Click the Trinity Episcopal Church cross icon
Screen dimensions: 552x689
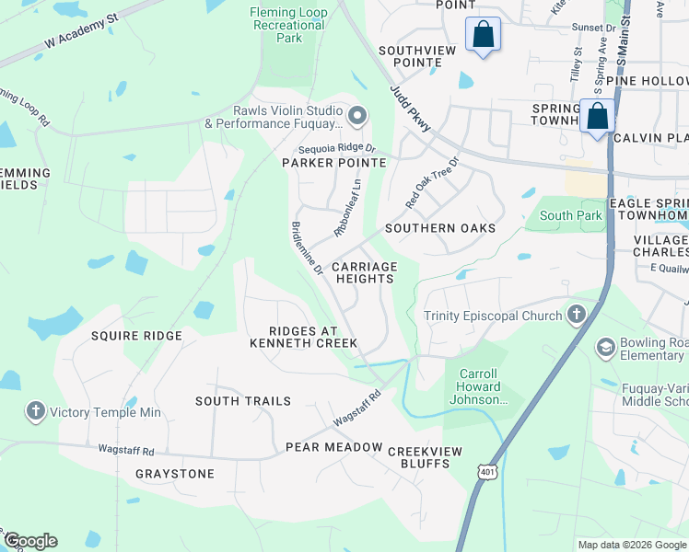tap(577, 316)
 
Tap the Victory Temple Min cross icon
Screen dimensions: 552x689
tap(36, 411)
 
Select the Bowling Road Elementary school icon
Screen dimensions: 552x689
tap(605, 347)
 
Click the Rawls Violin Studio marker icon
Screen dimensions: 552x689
tap(358, 116)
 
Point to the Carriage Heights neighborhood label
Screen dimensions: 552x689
tap(357, 272)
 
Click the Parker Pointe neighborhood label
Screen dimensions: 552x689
tap(333, 163)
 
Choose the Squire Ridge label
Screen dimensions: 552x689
tap(136, 336)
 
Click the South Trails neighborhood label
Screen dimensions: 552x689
tap(243, 401)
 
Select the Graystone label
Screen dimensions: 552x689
tap(175, 474)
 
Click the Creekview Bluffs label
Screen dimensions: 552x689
tap(419, 457)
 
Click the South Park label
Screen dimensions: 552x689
tap(570, 216)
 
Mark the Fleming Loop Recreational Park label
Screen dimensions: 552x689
tap(288, 25)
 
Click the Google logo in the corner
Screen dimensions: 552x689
tap(30, 541)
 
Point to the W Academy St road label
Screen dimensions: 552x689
tap(82, 33)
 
